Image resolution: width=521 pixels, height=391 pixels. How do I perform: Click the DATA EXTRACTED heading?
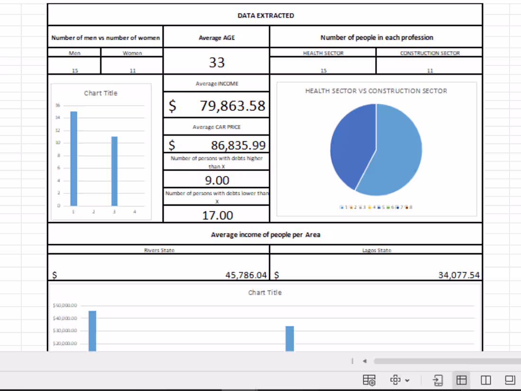coord(265,16)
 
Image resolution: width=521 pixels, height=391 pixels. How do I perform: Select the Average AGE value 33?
coord(217,62)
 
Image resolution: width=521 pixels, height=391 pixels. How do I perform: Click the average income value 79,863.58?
coord(232,106)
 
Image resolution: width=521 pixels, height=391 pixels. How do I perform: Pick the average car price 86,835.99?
coord(238,145)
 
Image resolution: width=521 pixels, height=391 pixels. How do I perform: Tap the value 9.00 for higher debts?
coord(217,180)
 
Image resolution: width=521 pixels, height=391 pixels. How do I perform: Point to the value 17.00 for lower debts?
coord(217,216)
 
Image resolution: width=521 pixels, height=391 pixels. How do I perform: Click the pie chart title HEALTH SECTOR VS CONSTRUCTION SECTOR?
coord(376,91)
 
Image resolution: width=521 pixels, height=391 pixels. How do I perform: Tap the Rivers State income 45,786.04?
coord(246,275)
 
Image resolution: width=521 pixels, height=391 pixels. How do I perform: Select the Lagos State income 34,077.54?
coord(458,275)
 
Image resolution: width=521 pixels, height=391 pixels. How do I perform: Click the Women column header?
coord(132,53)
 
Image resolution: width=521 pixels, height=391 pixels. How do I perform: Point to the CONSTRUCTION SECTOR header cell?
coord(430,53)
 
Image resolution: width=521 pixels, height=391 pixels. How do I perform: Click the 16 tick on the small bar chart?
coord(57,105)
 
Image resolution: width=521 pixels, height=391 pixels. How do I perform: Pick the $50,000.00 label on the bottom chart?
coord(65,306)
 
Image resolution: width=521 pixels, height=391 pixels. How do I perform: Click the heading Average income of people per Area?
coord(265,235)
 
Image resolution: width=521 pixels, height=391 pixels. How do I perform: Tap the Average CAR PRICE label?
coord(216,127)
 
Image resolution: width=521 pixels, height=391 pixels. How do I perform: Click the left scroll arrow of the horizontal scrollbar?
coord(365,361)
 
